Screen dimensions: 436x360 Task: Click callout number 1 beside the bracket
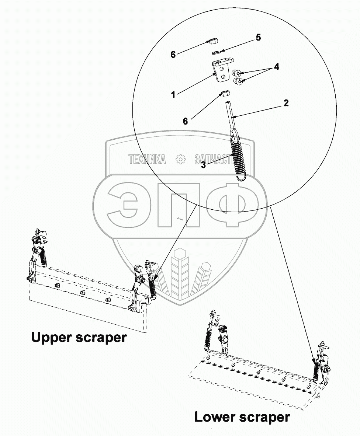(173, 94)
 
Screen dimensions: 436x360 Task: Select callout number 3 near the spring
(203, 165)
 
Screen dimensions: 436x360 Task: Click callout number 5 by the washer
(258, 38)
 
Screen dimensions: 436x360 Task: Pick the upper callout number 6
(173, 55)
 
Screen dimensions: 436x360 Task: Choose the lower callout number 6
(186, 121)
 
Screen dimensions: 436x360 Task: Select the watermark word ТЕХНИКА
(147, 159)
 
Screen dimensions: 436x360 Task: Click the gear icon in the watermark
(180, 159)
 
